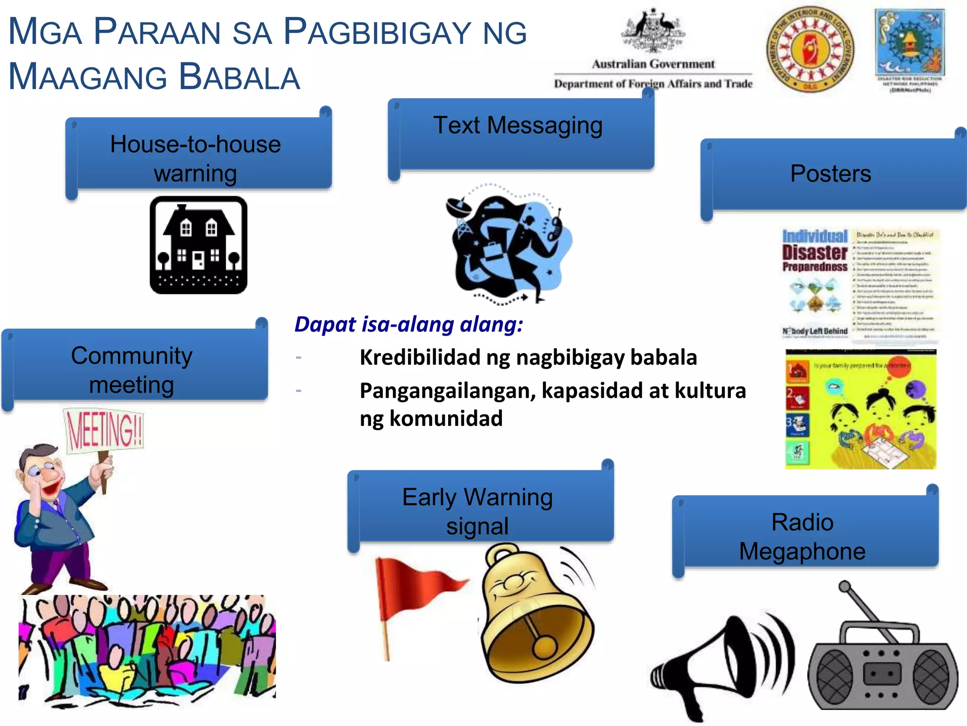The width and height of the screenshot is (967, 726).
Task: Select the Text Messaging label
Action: coord(518,126)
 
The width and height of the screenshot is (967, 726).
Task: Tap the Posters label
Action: coord(831,173)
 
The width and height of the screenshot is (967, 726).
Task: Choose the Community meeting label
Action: coord(132,370)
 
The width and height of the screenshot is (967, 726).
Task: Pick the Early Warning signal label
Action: coord(477,511)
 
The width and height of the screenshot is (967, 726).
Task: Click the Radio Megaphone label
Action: coord(802,536)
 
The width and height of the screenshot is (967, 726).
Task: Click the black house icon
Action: coord(198,245)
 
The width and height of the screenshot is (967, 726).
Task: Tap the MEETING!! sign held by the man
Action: coord(104,430)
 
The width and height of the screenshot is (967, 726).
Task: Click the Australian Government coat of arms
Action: coord(653,31)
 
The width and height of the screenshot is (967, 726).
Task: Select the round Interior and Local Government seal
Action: coord(810,49)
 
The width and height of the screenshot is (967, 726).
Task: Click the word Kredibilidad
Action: coord(420,357)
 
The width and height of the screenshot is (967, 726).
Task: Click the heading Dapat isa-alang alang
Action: coord(409,325)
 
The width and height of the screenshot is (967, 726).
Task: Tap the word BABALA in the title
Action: coord(239,77)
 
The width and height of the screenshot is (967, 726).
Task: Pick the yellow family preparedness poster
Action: coord(860,409)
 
